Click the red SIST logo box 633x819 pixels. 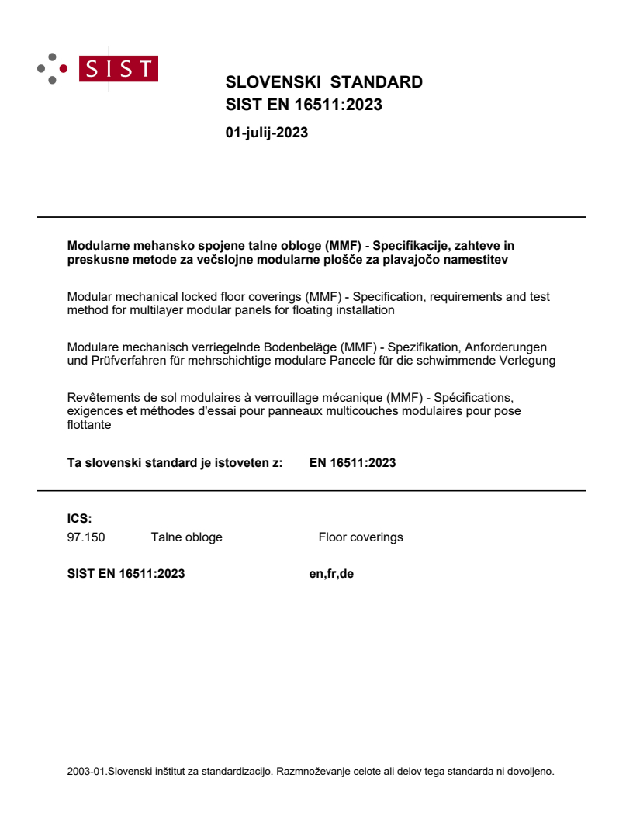coord(121,68)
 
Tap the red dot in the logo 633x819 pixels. coord(64,68)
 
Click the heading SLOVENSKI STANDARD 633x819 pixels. coord(323,82)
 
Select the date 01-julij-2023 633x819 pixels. coord(266,133)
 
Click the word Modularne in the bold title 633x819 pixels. coord(96,246)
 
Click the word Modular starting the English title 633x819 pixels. coord(89,297)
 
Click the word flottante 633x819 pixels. coord(89,424)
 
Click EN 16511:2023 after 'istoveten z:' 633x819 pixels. coord(352,463)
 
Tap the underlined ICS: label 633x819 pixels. coord(79,519)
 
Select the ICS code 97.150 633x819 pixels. coord(85,537)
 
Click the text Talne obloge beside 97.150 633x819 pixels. coord(186,537)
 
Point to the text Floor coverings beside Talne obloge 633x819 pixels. coord(360,537)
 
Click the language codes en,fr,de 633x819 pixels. coord(331,574)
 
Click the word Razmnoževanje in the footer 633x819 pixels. coord(313,771)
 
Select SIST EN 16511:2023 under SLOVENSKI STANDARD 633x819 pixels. coord(303,105)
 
